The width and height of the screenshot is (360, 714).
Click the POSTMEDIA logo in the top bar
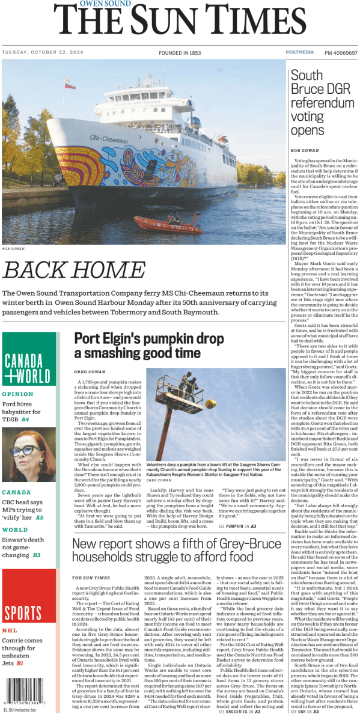coord(299,53)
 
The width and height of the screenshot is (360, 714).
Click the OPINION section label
coord(18,395)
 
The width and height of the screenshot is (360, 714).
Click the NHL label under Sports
coord(10,630)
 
